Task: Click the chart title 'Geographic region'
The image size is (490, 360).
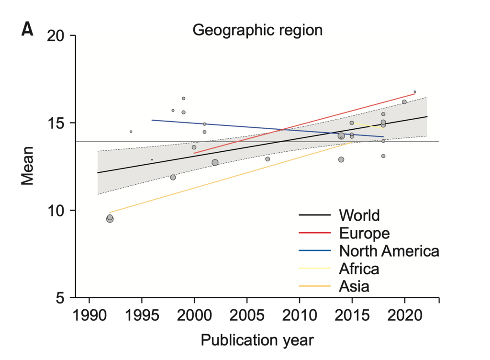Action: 257,31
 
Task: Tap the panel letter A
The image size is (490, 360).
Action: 28,31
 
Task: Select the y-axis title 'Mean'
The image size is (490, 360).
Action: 28,167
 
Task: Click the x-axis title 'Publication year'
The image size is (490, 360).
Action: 257,340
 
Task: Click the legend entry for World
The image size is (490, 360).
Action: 359,215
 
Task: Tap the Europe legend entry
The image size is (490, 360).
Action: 364,233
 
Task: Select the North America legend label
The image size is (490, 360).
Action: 389,250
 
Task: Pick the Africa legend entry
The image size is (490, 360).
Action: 359,269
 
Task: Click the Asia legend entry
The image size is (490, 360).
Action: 354,286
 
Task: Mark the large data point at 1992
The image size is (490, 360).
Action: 110,219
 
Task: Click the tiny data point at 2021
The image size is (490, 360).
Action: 415,91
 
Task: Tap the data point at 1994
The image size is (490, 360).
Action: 131,132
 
